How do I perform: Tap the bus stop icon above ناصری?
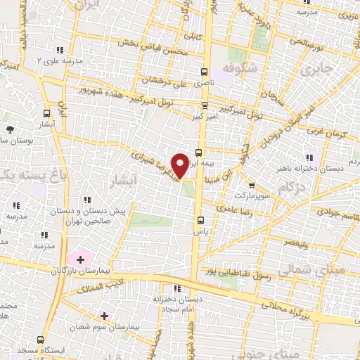pos(205,72)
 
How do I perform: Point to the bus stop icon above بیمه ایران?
pos(199,152)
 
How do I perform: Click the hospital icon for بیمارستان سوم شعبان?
pos(105,316)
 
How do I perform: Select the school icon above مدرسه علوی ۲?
pos(60,50)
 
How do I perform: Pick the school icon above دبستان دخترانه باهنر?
pos(307,157)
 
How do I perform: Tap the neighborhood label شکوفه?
pos(237,67)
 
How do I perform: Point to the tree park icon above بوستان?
pos(10,129)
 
